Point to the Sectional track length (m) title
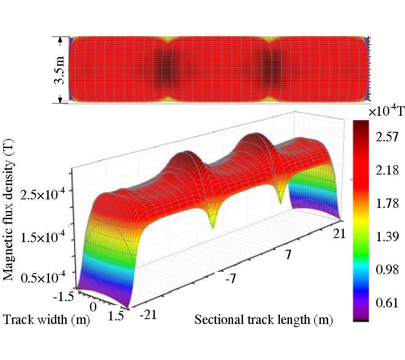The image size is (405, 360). [263, 320]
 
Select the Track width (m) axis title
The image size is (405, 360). [47, 320]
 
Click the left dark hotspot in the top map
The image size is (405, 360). [166, 70]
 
